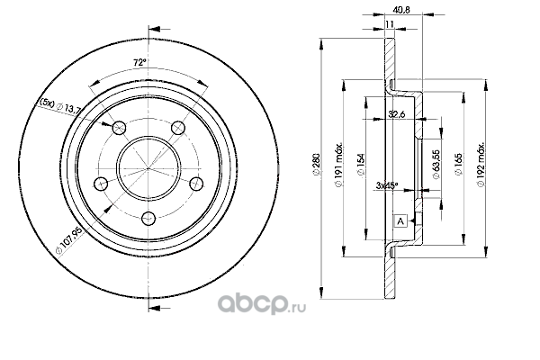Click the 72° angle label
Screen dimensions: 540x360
[x=140, y=63]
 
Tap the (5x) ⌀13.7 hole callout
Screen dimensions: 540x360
[x=60, y=106]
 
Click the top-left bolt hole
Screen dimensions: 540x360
[x=119, y=128]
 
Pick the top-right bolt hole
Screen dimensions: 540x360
[x=178, y=128]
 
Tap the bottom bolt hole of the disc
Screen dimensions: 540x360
[x=148, y=218]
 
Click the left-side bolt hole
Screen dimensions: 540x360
[x=101, y=183]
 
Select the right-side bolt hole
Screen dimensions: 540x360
[x=196, y=183]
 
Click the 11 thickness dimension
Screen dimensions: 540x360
[x=390, y=24]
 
